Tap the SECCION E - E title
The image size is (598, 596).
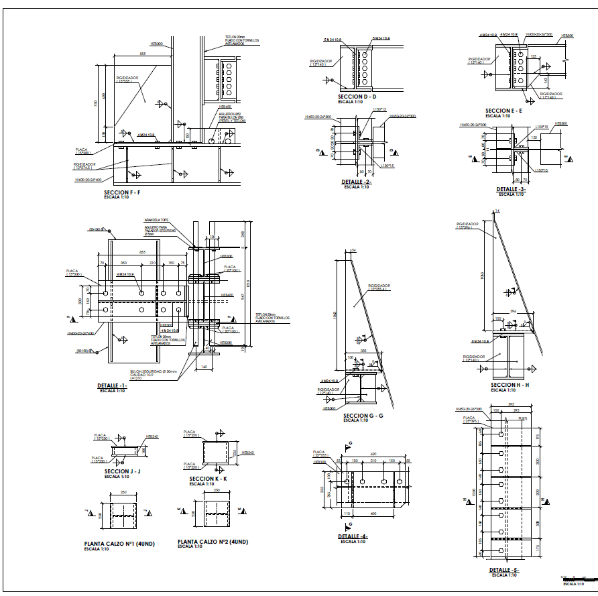click(x=503, y=111)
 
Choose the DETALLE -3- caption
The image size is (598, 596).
click(x=512, y=189)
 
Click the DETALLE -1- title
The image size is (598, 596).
click(x=111, y=386)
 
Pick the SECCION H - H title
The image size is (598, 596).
click(x=510, y=385)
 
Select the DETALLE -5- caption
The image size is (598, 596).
click(x=504, y=570)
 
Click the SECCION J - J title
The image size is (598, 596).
click(x=123, y=471)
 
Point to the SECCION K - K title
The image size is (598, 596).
click(x=208, y=479)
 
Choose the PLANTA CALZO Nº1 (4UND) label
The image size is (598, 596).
click(x=119, y=544)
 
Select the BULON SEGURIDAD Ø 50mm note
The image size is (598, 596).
click(x=152, y=370)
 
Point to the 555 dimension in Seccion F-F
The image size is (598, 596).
click(x=142, y=54)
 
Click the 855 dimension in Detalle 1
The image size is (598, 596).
click(x=142, y=252)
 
